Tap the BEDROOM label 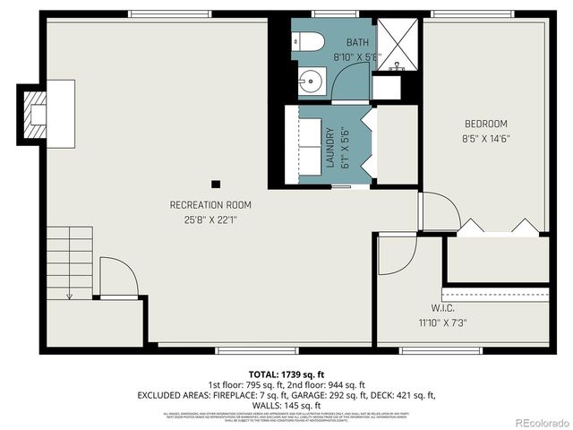click(x=485, y=124)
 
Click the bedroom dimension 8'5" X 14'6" click(x=485, y=138)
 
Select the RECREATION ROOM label click(x=204, y=205)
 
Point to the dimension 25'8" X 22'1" click(x=204, y=219)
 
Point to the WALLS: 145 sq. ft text click(x=286, y=404)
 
